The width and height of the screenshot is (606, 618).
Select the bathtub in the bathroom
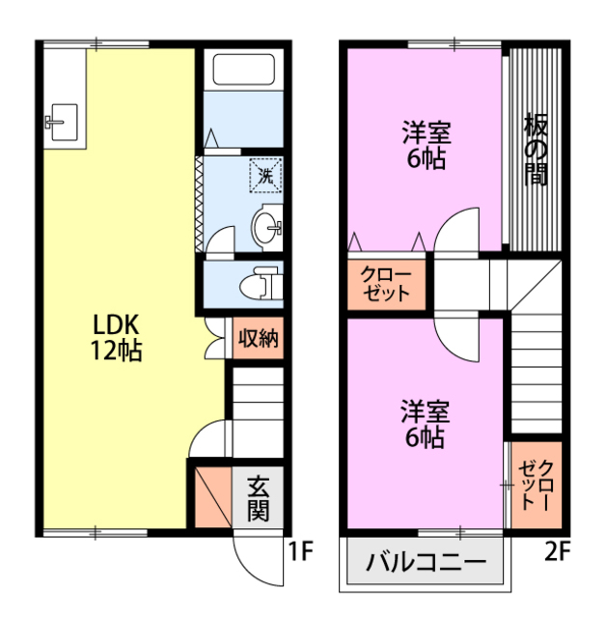point(244,71)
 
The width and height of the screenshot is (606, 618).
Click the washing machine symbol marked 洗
point(265,175)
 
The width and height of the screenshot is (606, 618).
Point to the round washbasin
point(265,228)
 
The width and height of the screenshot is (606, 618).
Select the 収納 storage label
point(259,338)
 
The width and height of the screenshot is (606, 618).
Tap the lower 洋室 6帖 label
point(424,424)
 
